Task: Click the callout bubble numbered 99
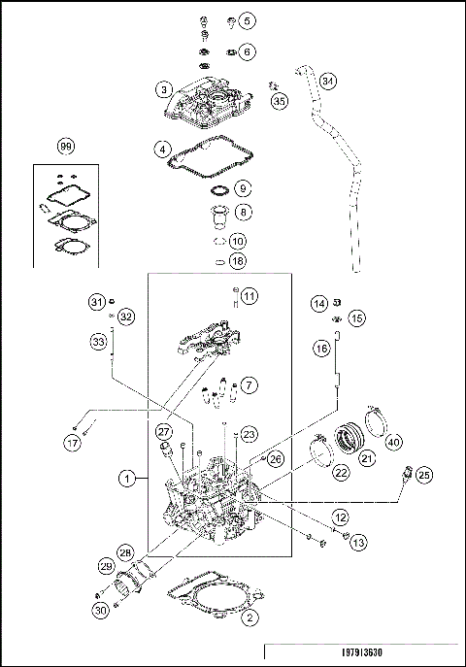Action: tap(66, 147)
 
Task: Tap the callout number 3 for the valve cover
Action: tap(165, 89)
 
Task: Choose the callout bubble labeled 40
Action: tap(394, 443)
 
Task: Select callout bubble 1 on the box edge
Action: tap(127, 478)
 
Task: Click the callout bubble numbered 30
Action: tap(100, 610)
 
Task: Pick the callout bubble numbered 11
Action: tap(250, 295)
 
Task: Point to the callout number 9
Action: tap(242, 187)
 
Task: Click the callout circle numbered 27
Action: tap(165, 432)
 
